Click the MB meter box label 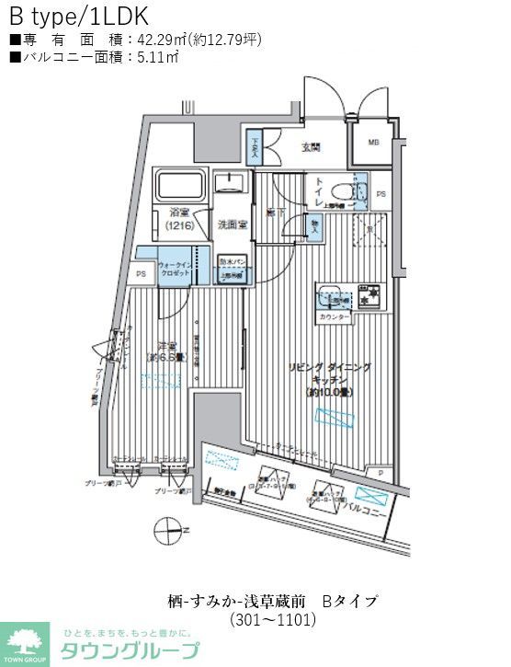pos(373,142)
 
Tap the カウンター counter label pos(335,316)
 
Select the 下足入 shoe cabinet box pos(255,144)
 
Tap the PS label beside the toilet pos(380,194)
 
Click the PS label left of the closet pos(141,273)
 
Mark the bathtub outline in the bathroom pos(179,187)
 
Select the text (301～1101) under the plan pos(273,619)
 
